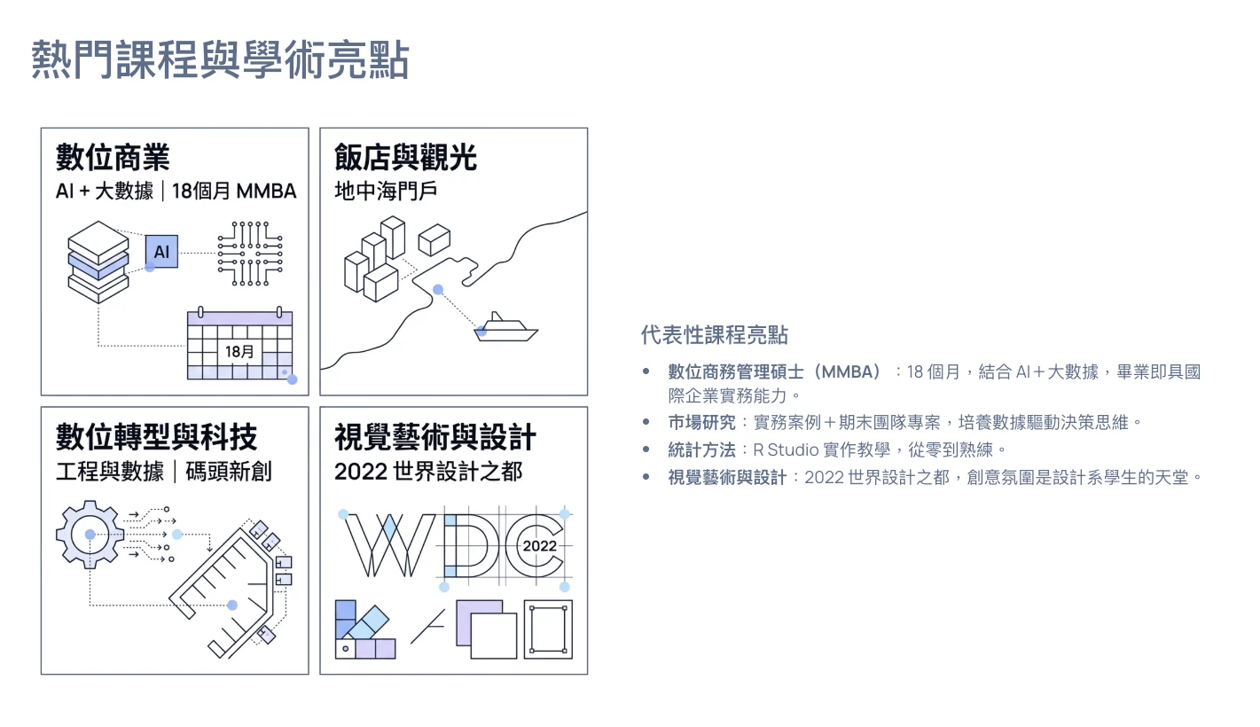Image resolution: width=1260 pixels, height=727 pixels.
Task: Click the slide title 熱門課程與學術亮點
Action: (x=220, y=59)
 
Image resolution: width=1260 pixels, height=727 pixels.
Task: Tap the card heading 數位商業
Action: (x=113, y=157)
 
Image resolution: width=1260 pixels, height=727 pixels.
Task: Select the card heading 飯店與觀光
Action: (x=405, y=157)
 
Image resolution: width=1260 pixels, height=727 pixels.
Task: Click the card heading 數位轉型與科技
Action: (x=156, y=437)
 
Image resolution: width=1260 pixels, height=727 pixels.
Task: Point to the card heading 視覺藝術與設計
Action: (x=435, y=437)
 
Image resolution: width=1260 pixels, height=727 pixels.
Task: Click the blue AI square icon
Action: (x=161, y=251)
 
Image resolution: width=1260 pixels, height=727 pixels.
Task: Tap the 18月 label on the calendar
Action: (x=239, y=351)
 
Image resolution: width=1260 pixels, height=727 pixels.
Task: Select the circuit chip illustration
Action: (x=250, y=253)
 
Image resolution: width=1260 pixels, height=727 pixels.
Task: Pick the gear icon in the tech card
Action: (x=90, y=534)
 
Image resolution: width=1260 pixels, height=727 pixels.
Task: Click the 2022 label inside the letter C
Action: (x=539, y=545)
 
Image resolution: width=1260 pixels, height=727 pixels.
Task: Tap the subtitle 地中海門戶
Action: (x=386, y=192)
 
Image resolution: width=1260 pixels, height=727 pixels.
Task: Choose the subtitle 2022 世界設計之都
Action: (x=428, y=471)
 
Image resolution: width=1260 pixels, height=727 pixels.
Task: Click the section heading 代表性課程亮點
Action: (x=715, y=334)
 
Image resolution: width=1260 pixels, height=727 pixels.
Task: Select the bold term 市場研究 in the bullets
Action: (x=701, y=422)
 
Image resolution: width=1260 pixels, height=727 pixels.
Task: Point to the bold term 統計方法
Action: (x=701, y=449)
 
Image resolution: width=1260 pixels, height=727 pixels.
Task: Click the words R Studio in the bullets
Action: (x=786, y=449)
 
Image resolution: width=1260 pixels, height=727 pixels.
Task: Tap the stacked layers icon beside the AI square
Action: (x=98, y=262)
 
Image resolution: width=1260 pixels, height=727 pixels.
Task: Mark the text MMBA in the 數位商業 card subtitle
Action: (x=266, y=192)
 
